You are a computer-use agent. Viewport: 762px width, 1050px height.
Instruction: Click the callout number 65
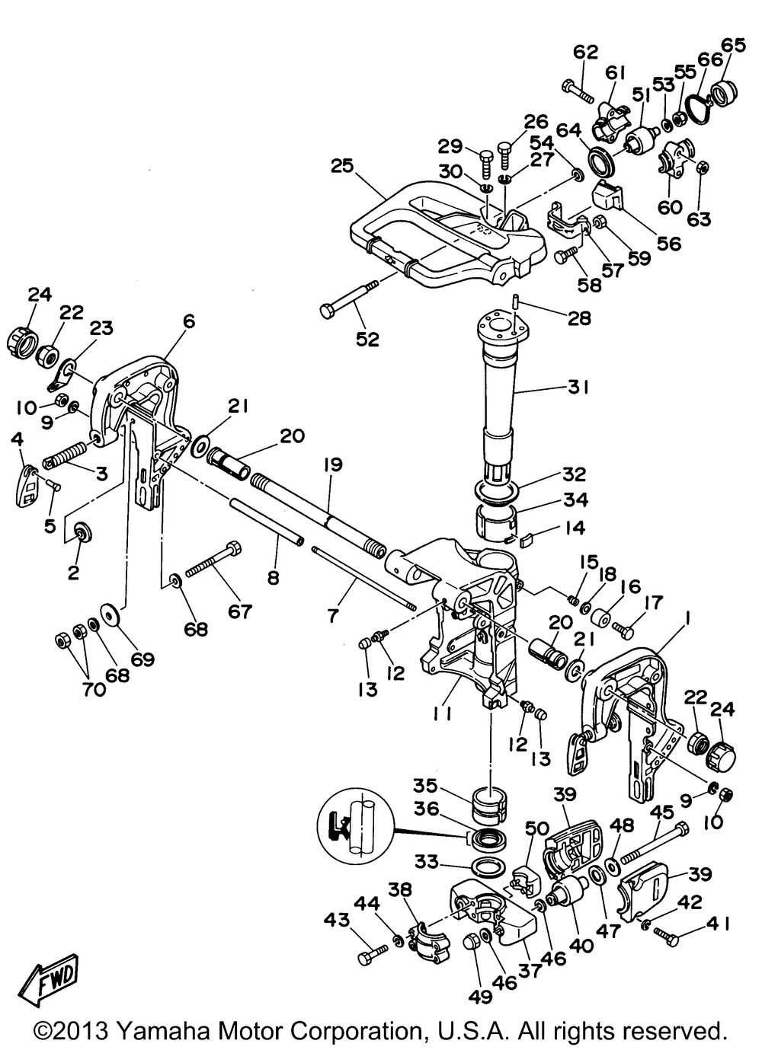tap(734, 45)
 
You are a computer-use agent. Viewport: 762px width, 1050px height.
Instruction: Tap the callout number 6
tap(187, 322)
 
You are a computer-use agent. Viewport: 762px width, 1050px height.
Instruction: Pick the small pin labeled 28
tap(516, 301)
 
